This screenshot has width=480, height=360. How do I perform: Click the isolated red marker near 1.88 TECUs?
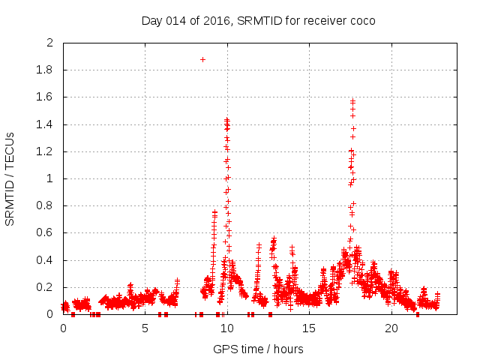point(202,59)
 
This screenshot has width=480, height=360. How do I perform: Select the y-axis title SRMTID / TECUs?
point(10,178)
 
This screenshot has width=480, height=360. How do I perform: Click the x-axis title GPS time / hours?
point(258,349)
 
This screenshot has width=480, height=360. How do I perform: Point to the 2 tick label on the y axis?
point(49,43)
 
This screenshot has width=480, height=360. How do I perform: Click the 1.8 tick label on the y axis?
point(45,70)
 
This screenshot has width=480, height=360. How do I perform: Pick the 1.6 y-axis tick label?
point(45,97)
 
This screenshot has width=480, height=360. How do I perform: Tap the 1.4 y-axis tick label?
point(45,124)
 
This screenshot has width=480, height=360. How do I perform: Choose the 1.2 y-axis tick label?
point(45,151)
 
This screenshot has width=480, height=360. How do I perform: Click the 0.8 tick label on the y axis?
point(45,205)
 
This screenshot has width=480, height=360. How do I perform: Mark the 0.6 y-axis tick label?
point(45,232)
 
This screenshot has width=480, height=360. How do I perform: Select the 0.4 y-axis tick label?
point(45,260)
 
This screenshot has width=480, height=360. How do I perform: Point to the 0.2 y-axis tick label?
point(45,287)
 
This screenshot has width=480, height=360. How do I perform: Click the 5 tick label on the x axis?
point(145,328)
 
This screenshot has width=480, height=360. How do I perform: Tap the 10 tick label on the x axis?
point(227,328)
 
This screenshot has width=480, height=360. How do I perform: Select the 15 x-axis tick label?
point(309,328)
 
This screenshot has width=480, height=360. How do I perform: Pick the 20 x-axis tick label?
point(391,328)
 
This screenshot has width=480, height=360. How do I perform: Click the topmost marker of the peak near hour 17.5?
point(352,100)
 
